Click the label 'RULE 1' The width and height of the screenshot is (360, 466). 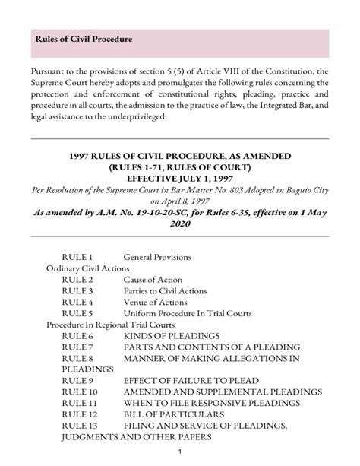click(77, 258)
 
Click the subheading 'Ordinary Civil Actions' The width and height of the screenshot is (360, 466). click(88, 269)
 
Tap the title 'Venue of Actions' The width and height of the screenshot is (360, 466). click(155, 302)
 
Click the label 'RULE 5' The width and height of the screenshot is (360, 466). click(77, 312)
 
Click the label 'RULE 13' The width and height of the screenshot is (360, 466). click(80, 426)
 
